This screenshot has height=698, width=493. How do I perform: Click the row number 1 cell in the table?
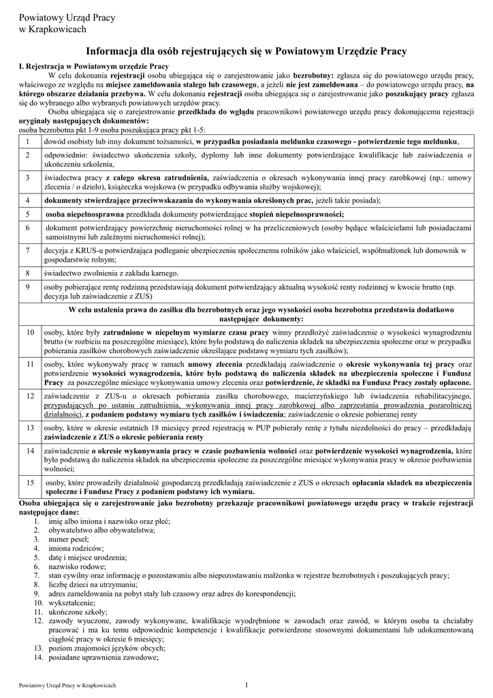tap(29, 141)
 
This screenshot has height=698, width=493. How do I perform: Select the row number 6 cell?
tap(29, 232)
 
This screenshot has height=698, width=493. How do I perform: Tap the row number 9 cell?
tap(29, 292)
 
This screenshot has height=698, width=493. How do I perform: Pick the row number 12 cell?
tap(30, 405)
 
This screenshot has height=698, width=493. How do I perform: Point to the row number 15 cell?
tap(30, 487)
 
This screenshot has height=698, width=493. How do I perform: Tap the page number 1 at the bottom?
tap(246, 684)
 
